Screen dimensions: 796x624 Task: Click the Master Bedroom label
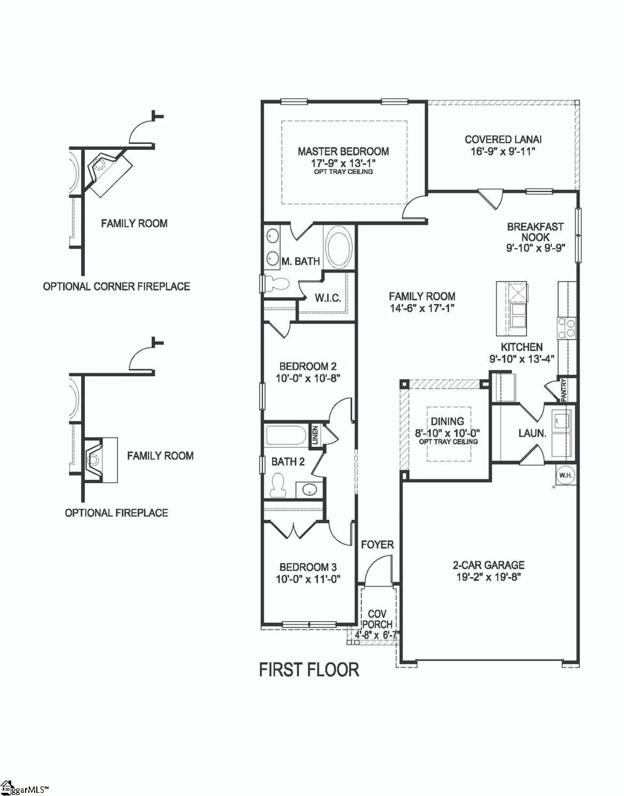point(343,151)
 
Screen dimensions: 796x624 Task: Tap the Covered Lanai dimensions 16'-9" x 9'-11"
point(503,151)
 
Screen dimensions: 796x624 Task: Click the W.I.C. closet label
point(327,298)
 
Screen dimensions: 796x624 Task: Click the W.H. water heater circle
point(565,475)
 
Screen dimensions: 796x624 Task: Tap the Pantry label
point(564,390)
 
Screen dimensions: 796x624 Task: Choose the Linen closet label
point(315,435)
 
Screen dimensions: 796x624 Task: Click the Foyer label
point(377,544)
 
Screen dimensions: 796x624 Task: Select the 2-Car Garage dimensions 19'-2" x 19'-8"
point(489,577)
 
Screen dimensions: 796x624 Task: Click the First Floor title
point(309,669)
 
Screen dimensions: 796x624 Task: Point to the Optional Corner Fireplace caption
point(116,286)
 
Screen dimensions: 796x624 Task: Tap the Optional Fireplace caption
point(116,513)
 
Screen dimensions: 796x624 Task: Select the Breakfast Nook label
point(535,232)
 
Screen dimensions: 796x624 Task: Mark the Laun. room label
point(532,433)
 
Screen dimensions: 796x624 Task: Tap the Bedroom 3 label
point(308,567)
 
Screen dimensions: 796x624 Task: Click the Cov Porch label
point(377,620)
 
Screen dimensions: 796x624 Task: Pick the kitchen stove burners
point(567,327)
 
